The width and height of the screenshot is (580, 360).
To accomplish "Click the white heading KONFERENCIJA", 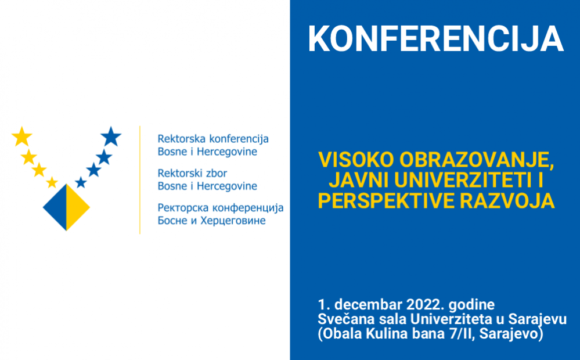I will (x=435, y=39).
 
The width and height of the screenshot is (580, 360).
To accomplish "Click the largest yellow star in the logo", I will (x=21, y=136).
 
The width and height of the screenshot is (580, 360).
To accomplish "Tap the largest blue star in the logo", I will (x=111, y=137).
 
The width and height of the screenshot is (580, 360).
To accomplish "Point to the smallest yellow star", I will (x=52, y=182).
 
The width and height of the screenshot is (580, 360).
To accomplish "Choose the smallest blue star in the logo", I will (x=81, y=183).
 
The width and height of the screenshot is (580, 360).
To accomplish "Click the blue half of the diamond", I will (x=56, y=207).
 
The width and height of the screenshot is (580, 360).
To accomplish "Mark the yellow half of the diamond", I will (x=77, y=207).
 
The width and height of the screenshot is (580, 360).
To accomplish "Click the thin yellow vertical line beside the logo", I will (x=140, y=179).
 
